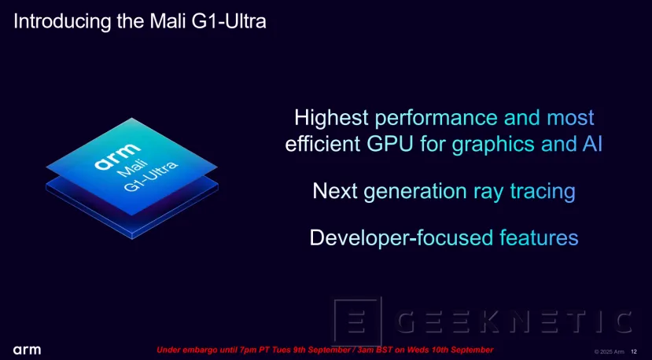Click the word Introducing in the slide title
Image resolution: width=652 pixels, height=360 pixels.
tap(60, 21)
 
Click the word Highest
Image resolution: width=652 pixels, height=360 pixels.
tap(331, 118)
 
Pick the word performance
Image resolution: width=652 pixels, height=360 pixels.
tap(436, 118)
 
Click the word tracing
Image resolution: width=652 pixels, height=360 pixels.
tap(542, 191)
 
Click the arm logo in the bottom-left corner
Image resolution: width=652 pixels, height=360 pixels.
tap(27, 350)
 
